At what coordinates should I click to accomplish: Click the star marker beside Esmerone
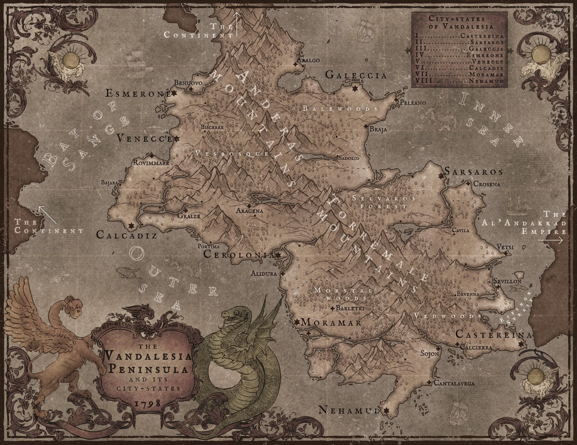pyautogui.click(x=174, y=93)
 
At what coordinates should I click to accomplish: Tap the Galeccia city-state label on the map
pyautogui.click(x=356, y=75)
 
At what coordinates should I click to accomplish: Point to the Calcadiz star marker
pyautogui.click(x=131, y=226)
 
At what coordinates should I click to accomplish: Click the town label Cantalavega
pyautogui.click(x=454, y=383)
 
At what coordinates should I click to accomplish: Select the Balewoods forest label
pyautogui.click(x=340, y=108)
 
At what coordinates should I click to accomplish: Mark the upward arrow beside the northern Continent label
pyautogui.click(x=237, y=24)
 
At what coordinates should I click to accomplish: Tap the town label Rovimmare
pyautogui.click(x=151, y=163)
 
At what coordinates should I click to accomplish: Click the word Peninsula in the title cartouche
pyautogui.click(x=148, y=370)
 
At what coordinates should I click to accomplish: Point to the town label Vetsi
pyautogui.click(x=505, y=247)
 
